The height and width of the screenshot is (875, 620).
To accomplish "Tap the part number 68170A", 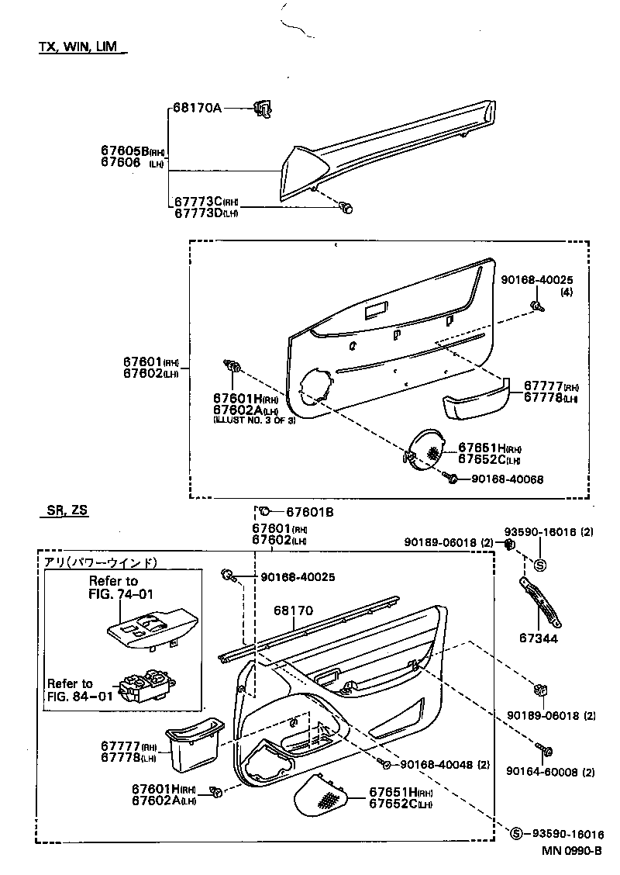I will pyautogui.click(x=197, y=108).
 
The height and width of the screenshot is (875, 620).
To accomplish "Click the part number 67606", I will pyautogui.click(x=120, y=163).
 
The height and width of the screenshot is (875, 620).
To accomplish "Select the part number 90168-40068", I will pyautogui.click(x=508, y=479).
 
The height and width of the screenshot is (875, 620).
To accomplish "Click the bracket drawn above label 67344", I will pyautogui.click(x=540, y=601).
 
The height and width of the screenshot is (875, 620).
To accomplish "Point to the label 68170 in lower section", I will pyautogui.click(x=292, y=610).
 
